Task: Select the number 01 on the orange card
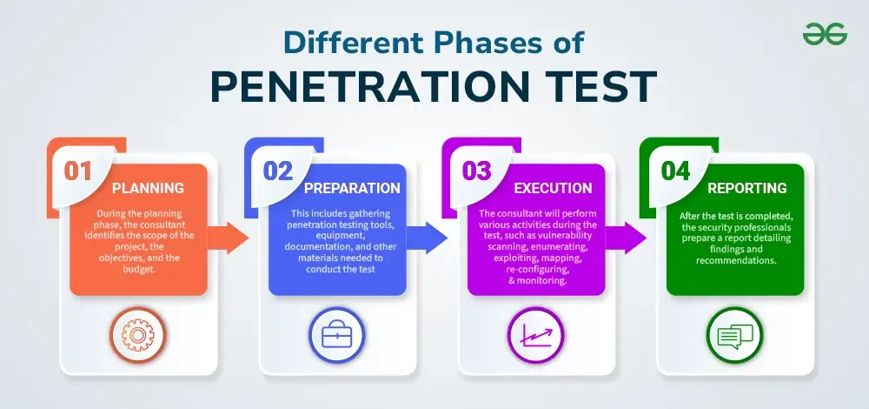[x=78, y=170]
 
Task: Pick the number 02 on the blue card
[x=278, y=170]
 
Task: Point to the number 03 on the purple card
[x=476, y=170]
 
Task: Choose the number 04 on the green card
[x=675, y=170]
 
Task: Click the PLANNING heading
[x=148, y=188]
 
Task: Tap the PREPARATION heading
[x=351, y=188]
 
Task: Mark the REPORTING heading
[x=747, y=188]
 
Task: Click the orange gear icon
[x=138, y=336]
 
